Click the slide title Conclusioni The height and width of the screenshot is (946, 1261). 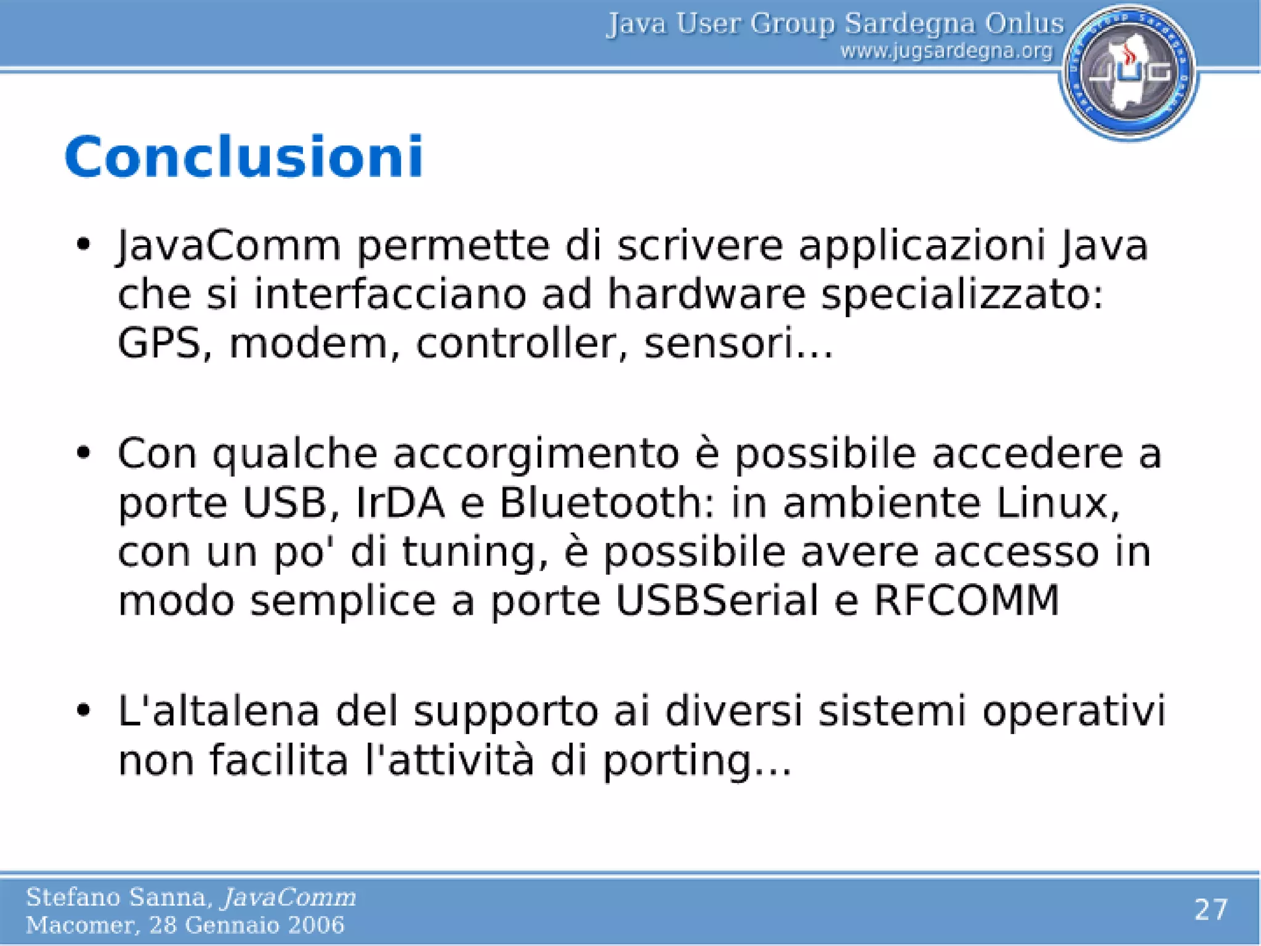(244, 157)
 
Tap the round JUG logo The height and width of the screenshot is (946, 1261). (1129, 73)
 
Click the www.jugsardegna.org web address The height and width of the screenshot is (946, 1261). (946, 51)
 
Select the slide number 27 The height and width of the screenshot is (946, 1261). (1211, 910)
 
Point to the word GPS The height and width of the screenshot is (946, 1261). (159, 343)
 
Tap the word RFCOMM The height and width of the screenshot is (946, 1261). (966, 600)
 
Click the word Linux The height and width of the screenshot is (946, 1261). (1057, 503)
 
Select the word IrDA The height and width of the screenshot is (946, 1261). (400, 503)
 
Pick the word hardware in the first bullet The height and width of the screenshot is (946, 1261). (706, 294)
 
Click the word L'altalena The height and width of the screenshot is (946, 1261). (219, 711)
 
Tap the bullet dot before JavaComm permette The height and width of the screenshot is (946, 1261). (84, 245)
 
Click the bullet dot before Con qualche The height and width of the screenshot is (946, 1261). (84, 454)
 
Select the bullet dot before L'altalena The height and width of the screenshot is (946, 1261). (84, 711)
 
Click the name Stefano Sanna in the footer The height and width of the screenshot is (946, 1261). (117, 897)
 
